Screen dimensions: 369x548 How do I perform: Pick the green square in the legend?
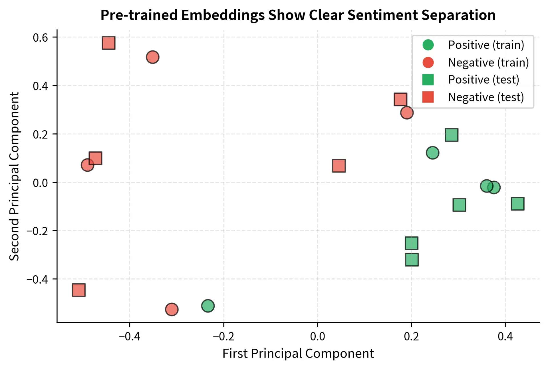tap(428, 80)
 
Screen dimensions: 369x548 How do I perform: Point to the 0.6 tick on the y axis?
tap(40, 37)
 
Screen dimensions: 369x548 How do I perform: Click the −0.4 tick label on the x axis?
tap(129, 336)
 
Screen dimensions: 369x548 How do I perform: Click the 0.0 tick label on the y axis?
tap(40, 183)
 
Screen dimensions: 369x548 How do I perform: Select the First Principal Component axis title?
tap(298, 353)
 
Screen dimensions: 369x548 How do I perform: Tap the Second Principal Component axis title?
tap(14, 176)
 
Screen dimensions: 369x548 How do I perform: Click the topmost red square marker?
tap(108, 43)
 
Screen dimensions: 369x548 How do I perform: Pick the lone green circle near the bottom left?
tap(208, 306)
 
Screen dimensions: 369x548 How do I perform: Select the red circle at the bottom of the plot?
tap(172, 309)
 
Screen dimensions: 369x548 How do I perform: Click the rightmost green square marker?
tap(517, 204)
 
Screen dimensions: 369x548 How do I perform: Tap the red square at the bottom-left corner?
tap(78, 290)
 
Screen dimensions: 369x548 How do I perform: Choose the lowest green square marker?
tap(412, 260)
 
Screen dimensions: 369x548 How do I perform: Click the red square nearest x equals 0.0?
tap(339, 166)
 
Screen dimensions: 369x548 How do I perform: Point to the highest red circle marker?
tap(152, 57)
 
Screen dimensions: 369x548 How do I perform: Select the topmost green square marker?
tap(452, 135)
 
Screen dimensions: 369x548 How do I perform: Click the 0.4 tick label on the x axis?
tap(505, 336)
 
